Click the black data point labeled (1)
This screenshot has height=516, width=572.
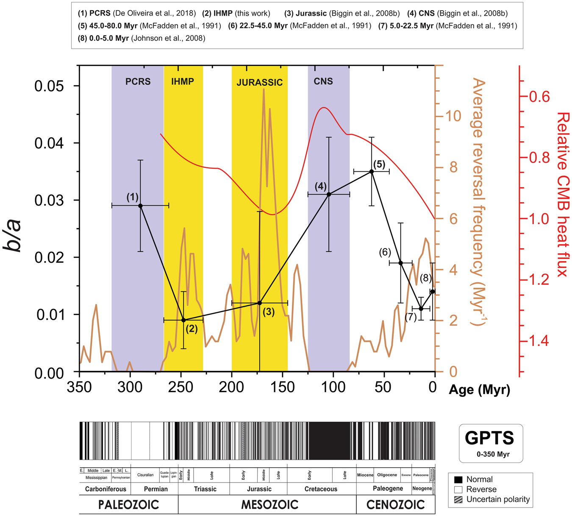coord(140,206)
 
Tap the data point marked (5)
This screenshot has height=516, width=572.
coord(372,171)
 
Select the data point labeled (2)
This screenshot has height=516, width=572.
coord(183,320)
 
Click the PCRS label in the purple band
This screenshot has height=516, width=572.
coord(138,81)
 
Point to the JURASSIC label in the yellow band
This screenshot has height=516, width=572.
coord(259,83)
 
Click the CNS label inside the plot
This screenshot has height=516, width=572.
coord(323,81)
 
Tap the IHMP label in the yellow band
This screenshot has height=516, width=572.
coord(183,81)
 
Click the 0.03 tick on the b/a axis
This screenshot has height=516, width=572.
coord(50,200)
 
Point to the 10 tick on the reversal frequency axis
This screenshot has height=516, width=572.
coord(453,116)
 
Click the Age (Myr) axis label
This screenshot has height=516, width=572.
coord(479,389)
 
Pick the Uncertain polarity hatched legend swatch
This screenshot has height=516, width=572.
coord(458,499)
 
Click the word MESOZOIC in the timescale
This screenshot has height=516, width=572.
coord(269,505)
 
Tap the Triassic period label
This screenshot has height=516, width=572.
coord(205,489)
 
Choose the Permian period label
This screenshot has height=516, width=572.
coord(155,489)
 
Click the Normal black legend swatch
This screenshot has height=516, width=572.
coord(458,480)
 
